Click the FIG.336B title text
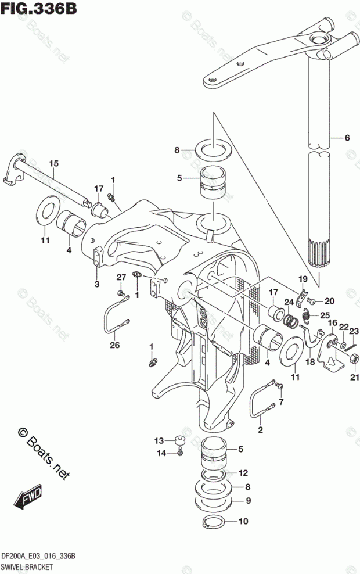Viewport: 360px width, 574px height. point(38,9)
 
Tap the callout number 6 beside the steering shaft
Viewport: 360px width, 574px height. point(347,138)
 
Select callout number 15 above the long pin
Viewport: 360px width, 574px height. point(53,164)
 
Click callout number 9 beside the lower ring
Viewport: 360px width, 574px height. point(248,500)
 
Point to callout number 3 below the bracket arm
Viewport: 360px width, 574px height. point(97,284)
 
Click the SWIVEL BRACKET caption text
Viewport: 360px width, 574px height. point(28,566)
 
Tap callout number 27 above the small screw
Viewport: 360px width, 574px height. point(121,277)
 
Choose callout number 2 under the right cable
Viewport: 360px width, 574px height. point(260,430)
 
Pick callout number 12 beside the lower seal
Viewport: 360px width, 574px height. point(243,472)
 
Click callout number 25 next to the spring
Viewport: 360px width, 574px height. point(325,315)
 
